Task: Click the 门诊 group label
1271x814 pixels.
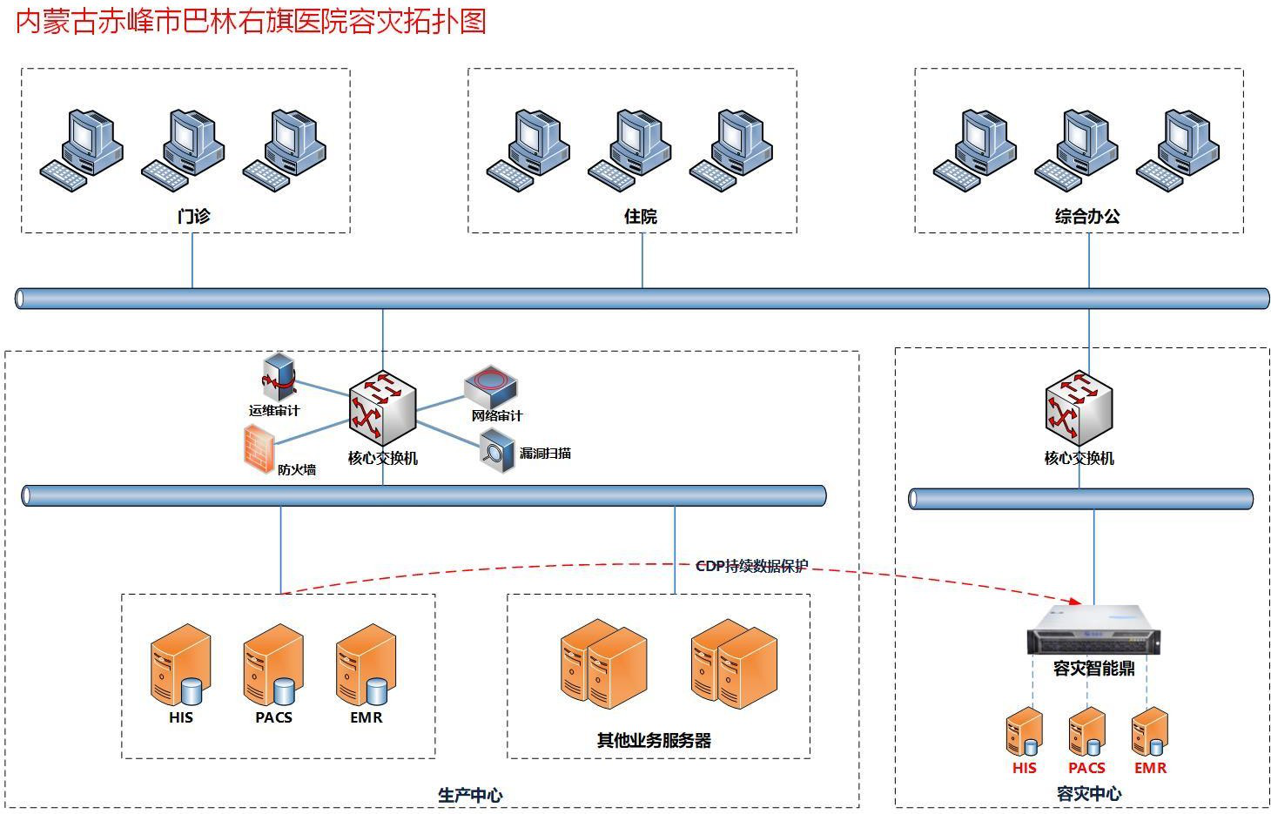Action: click(193, 216)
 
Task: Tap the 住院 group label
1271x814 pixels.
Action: click(640, 216)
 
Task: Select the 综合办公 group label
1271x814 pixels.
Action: click(1087, 216)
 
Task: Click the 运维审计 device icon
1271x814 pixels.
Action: click(279, 376)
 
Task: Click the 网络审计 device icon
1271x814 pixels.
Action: click(491, 387)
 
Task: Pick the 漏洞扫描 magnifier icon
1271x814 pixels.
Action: click(497, 451)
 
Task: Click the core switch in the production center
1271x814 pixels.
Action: click(382, 407)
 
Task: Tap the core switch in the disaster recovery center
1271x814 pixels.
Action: click(1079, 407)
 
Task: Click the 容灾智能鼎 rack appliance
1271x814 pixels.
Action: click(1093, 629)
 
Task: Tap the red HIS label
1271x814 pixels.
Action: click(1024, 768)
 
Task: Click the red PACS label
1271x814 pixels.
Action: click(1086, 768)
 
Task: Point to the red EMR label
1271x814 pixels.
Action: click(1150, 768)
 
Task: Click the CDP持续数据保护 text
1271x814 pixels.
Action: click(752, 566)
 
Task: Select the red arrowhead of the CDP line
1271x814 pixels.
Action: click(1076, 602)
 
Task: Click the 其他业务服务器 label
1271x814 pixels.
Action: click(654, 740)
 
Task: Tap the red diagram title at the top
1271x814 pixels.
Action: click(250, 22)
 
